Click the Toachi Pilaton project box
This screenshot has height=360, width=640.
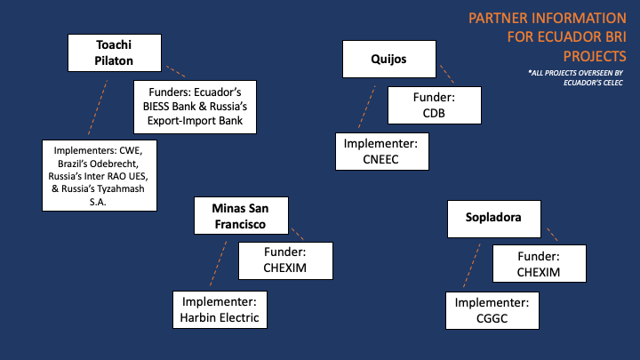click(115, 53)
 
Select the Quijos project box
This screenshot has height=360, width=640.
click(389, 59)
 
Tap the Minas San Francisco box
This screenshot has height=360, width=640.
click(241, 215)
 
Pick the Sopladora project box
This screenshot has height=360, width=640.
click(494, 219)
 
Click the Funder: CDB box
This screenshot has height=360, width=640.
click(435, 105)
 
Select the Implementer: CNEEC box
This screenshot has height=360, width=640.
click(382, 151)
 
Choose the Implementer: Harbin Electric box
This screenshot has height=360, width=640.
click(220, 310)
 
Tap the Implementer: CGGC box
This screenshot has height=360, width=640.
click(492, 310)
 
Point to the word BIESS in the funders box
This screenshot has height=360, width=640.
click(156, 107)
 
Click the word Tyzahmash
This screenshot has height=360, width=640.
click(120, 189)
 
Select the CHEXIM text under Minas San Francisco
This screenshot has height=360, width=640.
click(285, 268)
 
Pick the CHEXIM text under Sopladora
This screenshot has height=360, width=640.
click(539, 272)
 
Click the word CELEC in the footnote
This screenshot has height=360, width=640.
click(613, 83)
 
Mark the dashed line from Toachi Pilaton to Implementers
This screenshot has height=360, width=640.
click(98, 108)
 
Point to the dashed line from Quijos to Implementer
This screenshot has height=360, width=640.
click(366, 107)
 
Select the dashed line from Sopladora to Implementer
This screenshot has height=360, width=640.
click(472, 265)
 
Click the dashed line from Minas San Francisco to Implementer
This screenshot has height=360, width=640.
click(219, 263)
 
